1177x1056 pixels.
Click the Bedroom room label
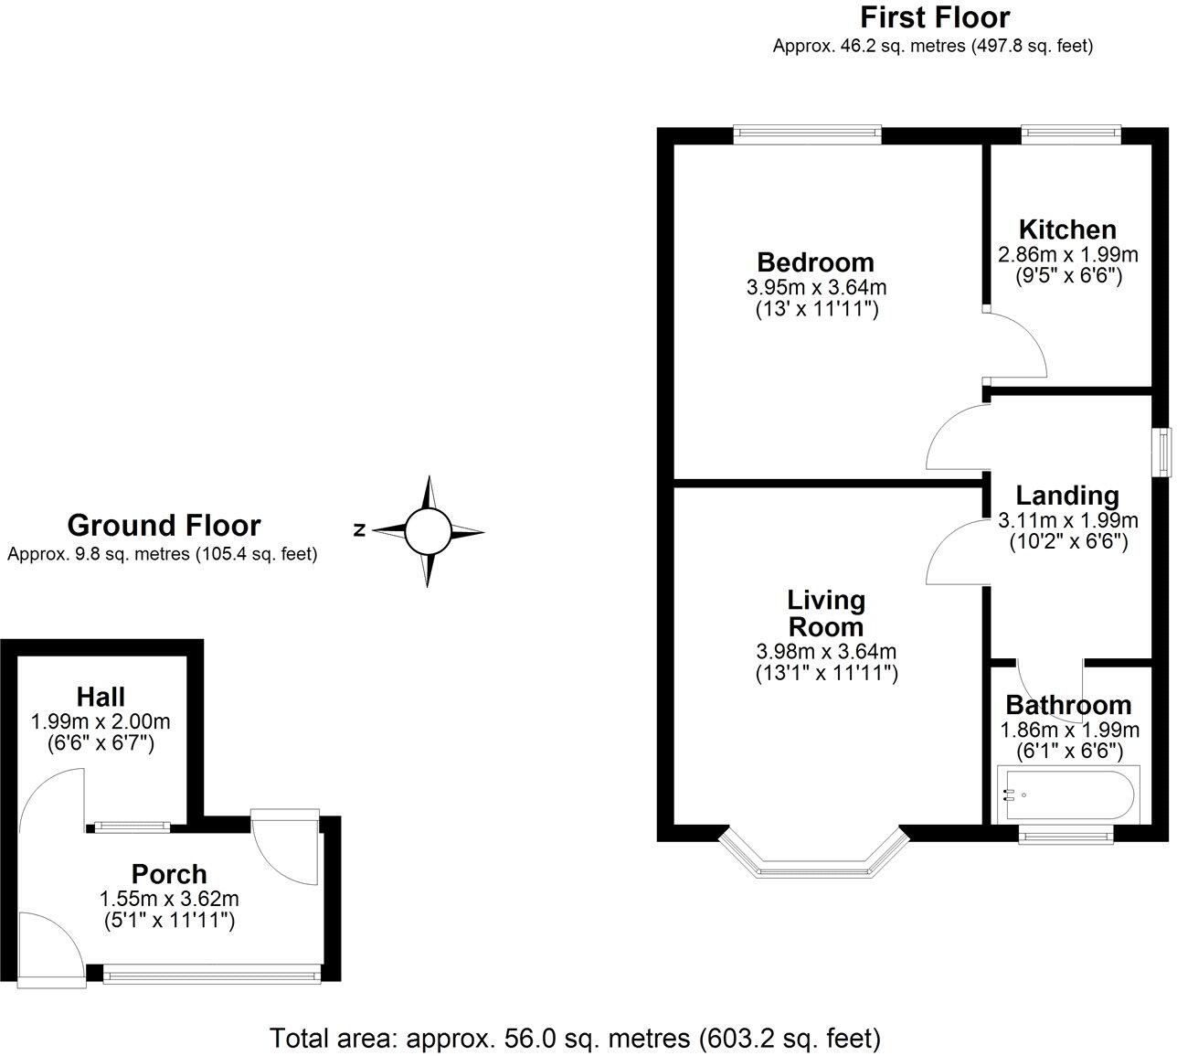[x=815, y=262]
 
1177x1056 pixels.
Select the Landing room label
[x=1067, y=496]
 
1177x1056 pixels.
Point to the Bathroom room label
[x=1068, y=705]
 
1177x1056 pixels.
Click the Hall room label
[x=101, y=697]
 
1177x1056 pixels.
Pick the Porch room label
[x=169, y=874]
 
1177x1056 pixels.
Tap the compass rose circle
[x=427, y=531]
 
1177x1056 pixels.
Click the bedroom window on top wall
[x=808, y=134]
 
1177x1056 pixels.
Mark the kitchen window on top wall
[x=1070, y=134]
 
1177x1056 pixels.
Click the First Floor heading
[x=934, y=17]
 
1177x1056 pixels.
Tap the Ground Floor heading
[x=164, y=526]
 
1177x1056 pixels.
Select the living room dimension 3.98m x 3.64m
[x=825, y=652]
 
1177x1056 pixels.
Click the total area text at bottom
[x=576, y=1039]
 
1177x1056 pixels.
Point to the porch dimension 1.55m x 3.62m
[x=169, y=899]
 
